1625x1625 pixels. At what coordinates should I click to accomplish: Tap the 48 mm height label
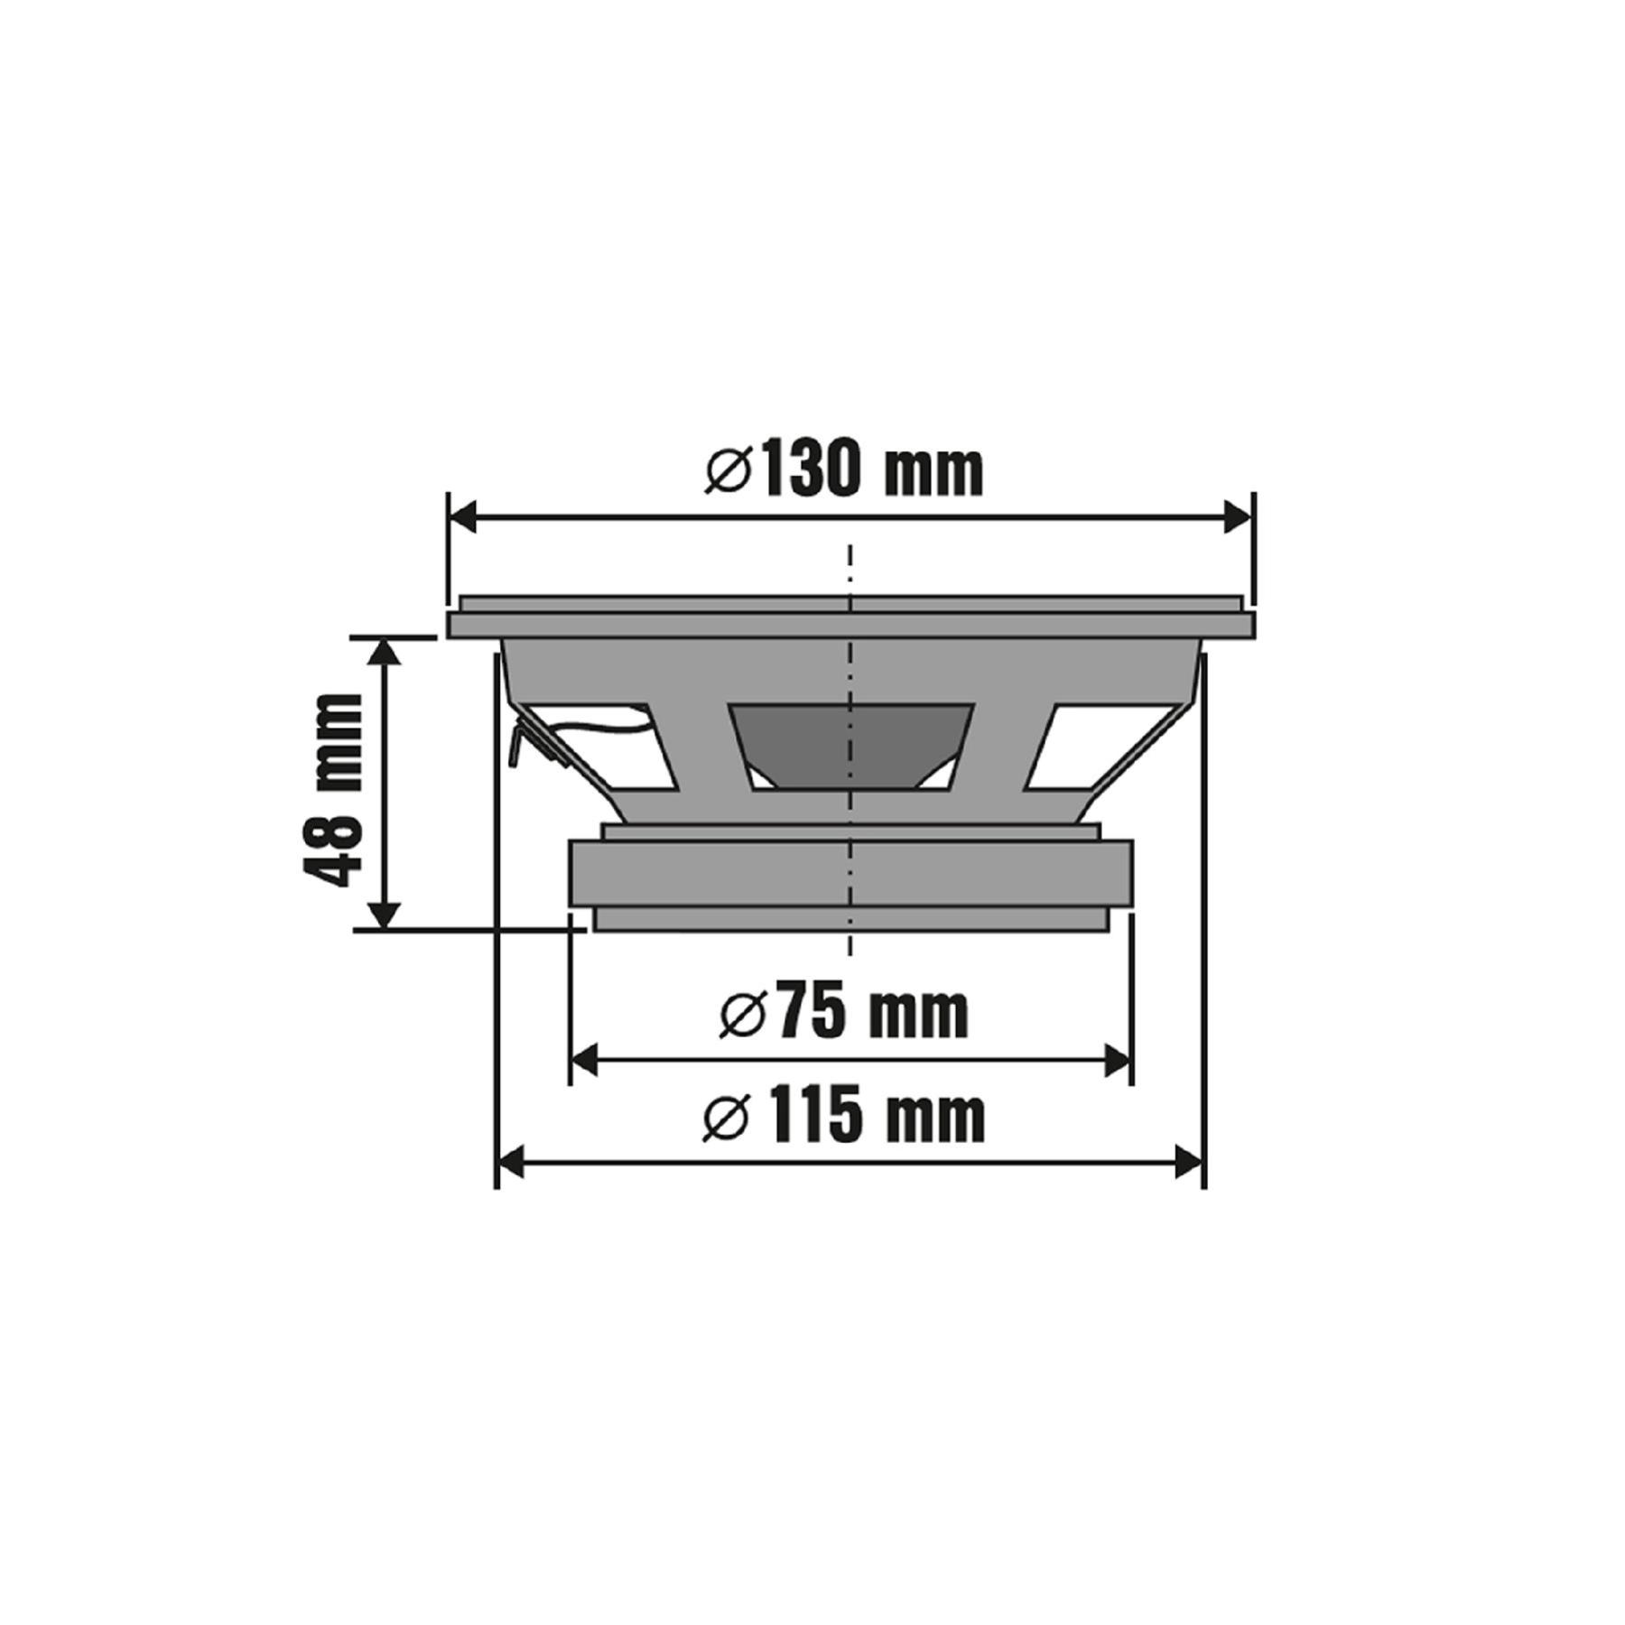(x=330, y=789)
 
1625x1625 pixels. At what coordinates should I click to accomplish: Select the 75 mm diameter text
(x=844, y=1014)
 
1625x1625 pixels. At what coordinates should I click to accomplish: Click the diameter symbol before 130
(x=729, y=471)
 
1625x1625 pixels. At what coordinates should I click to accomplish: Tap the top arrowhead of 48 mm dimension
(x=386, y=651)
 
